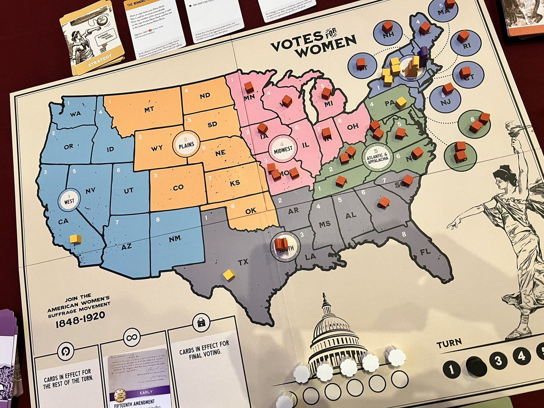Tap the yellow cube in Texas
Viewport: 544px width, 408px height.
pyautogui.click(x=229, y=274)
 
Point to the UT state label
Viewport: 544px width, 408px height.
pyautogui.click(x=129, y=190)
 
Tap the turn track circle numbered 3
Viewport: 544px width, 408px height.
pyautogui.click(x=498, y=360)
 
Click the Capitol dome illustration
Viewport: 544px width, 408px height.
pyautogui.click(x=333, y=335)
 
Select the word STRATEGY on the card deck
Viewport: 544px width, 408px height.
pyautogui.click(x=99, y=63)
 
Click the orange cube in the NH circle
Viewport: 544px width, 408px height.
pyautogui.click(x=387, y=26)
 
